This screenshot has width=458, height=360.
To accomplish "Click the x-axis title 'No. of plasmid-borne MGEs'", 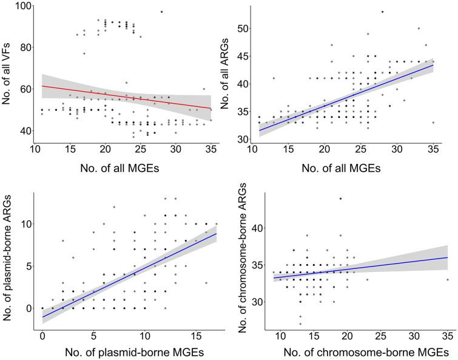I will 125,352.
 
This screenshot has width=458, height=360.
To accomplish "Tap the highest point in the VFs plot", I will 161,12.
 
